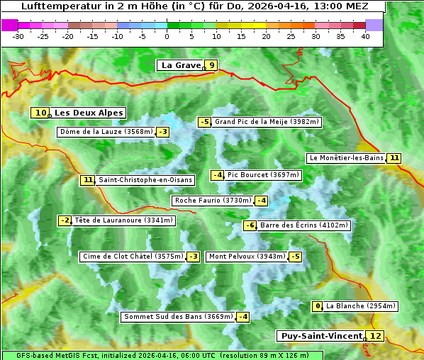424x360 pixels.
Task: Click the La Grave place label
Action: tap(181, 65)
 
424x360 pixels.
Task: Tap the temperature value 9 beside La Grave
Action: tap(211, 65)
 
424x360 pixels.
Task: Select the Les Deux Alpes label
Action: tap(89, 113)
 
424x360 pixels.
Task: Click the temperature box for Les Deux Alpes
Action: tap(40, 113)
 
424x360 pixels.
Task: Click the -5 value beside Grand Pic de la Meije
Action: tap(205, 122)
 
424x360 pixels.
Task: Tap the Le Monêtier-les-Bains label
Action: tap(346, 158)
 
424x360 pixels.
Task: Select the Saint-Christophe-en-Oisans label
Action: tap(145, 180)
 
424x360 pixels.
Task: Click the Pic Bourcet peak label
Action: tap(264, 175)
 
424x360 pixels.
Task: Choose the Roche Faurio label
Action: tap(213, 201)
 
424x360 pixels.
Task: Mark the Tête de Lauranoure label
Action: tap(123, 220)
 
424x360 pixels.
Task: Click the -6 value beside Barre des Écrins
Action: tap(250, 225)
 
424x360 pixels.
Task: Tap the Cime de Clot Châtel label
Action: tap(133, 257)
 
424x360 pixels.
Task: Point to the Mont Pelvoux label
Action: tap(247, 257)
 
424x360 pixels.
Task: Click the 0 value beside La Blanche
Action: tap(318, 306)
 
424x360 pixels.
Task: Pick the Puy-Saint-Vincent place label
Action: tap(321, 336)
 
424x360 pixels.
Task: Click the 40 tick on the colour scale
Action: tap(365, 35)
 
